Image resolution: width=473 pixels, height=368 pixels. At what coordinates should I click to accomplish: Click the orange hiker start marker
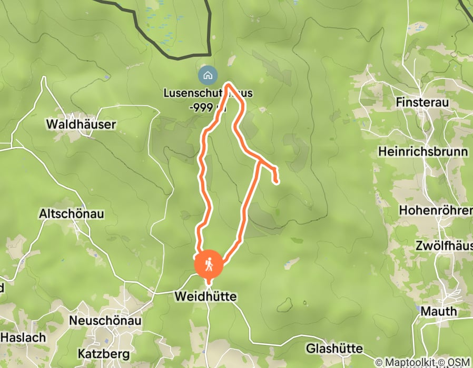coord(209,264)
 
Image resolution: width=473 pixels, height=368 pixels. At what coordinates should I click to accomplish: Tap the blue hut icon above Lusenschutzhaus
coord(208,75)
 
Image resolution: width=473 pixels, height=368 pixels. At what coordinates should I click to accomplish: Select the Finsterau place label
coord(421,103)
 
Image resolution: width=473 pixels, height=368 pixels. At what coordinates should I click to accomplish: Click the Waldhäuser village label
coord(81,125)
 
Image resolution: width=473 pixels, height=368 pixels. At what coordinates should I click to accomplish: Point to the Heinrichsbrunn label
coord(423,152)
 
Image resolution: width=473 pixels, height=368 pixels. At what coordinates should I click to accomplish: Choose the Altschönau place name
coord(72,214)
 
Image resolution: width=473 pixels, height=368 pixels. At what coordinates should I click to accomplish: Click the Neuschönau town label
coord(103,321)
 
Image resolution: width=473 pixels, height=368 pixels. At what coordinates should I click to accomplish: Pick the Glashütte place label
coord(334,349)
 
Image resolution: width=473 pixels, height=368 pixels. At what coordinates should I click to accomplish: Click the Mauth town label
coord(438,311)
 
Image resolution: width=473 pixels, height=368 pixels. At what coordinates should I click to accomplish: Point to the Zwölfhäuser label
coord(444,246)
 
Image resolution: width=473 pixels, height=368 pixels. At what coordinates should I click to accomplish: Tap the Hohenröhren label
coord(436,210)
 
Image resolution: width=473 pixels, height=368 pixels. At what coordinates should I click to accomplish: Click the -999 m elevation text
coord(208,108)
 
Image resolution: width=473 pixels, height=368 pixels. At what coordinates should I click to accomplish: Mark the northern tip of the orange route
coord(229,83)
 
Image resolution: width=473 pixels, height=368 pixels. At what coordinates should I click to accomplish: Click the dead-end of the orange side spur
coord(277,182)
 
